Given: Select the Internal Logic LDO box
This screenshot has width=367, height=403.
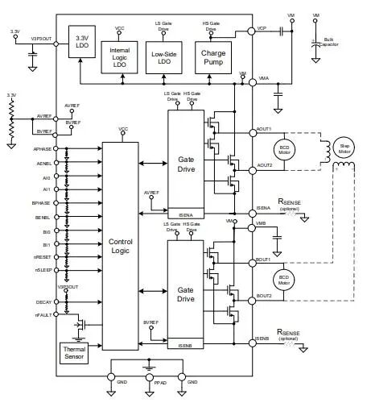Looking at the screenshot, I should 120,55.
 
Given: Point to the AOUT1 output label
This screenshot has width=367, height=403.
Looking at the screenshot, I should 263,128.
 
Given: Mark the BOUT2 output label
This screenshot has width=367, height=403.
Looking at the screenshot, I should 263,296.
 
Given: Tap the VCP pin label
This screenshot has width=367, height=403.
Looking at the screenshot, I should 262,29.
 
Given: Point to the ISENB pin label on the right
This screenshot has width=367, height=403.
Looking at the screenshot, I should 262,339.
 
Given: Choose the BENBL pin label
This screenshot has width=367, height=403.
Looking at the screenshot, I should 43,218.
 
